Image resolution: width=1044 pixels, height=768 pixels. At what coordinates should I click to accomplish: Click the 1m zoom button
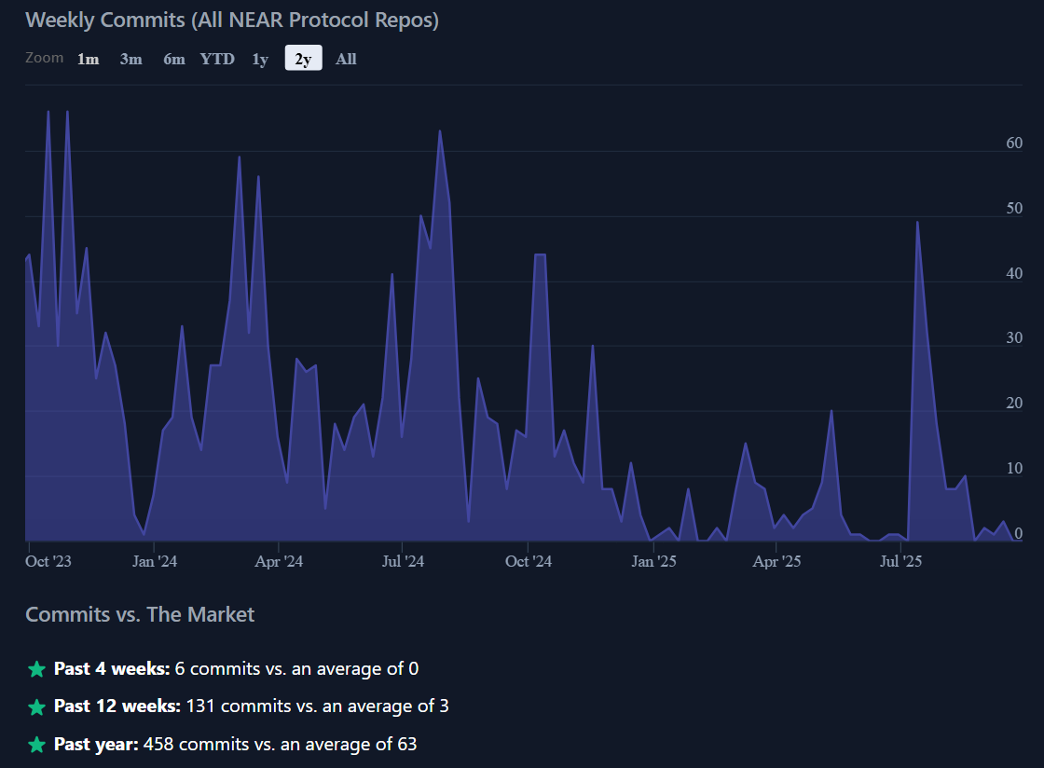click(x=88, y=59)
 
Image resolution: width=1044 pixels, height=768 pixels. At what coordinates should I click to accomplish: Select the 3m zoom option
click(x=130, y=59)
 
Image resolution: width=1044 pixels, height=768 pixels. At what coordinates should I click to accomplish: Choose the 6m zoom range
click(x=174, y=59)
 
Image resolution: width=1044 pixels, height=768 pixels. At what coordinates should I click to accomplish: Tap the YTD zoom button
click(x=217, y=59)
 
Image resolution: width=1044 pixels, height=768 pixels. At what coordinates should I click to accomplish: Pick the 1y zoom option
click(x=260, y=59)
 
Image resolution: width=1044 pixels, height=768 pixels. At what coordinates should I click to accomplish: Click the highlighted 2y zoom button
click(x=303, y=59)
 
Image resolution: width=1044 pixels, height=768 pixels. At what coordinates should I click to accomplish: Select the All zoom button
click(x=346, y=59)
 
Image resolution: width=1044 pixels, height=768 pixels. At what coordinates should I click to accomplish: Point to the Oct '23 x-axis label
click(x=48, y=561)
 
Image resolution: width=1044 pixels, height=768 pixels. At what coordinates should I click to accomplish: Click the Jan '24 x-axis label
click(x=155, y=561)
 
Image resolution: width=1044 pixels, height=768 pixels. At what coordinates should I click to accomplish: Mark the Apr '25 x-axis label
click(x=776, y=561)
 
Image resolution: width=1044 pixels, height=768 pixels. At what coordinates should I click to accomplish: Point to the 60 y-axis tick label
click(x=1014, y=143)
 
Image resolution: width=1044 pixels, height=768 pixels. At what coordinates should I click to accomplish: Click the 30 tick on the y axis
click(x=1014, y=338)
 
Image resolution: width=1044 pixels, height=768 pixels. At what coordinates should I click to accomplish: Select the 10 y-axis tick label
click(x=1014, y=468)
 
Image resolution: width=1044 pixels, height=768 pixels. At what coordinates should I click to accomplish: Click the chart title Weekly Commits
click(x=232, y=20)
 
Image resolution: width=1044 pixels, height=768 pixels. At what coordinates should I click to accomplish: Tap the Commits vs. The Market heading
click(x=140, y=614)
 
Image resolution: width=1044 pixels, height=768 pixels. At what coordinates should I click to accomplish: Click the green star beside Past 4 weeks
click(x=36, y=669)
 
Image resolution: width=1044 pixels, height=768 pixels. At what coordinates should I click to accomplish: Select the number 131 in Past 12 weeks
click(x=201, y=706)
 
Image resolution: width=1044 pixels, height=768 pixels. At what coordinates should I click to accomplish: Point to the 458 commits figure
click(x=158, y=745)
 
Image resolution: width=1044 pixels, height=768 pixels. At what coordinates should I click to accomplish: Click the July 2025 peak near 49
click(x=918, y=223)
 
